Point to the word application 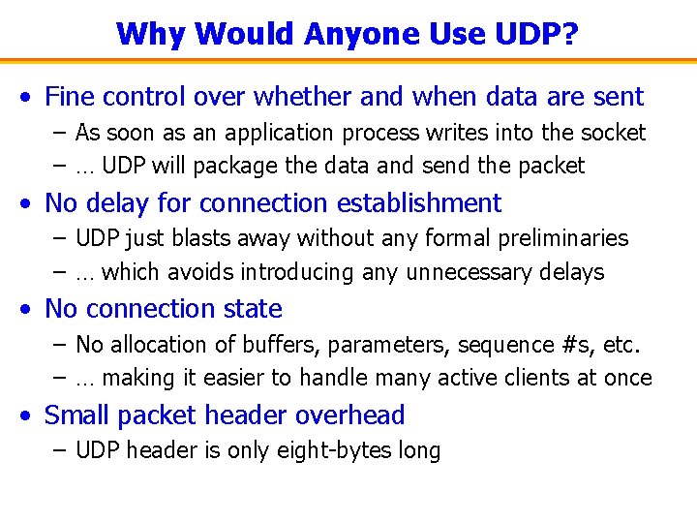point(299,132)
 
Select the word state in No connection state point(252,309)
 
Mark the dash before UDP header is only point(60,450)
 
